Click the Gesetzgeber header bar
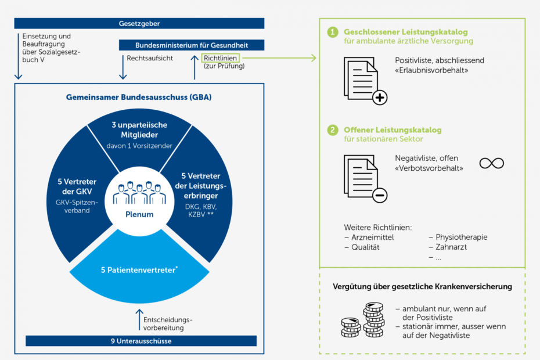click(x=139, y=23)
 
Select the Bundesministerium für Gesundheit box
click(x=192, y=45)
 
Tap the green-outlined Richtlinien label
click(x=220, y=58)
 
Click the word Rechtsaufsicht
click(x=150, y=58)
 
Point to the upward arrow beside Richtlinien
click(x=195, y=67)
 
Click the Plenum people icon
click(x=139, y=193)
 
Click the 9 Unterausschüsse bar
click(x=141, y=341)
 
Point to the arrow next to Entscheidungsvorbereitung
click(x=139, y=320)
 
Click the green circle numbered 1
click(x=333, y=33)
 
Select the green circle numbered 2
click(x=333, y=130)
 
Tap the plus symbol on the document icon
click(x=380, y=98)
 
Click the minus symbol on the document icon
click(x=380, y=196)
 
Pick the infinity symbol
click(x=491, y=163)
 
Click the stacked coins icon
click(x=362, y=320)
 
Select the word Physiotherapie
click(x=462, y=237)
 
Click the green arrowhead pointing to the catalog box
click(x=314, y=58)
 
